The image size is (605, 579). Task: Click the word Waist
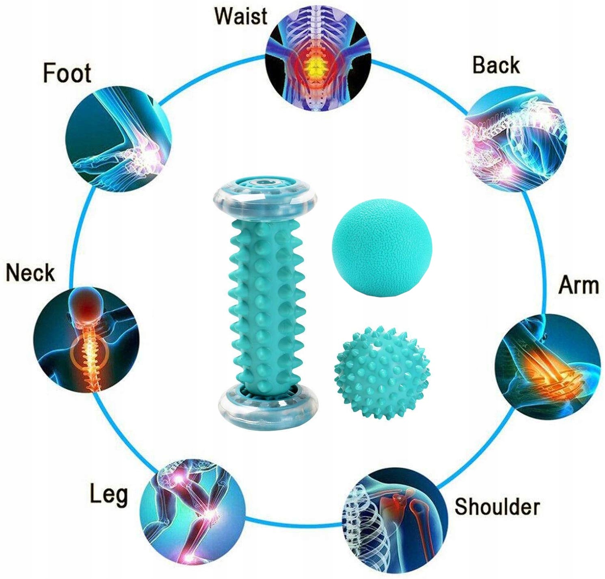point(241,16)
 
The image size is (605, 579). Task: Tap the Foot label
point(67,73)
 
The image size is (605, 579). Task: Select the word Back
point(496,65)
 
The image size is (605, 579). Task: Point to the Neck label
point(30,272)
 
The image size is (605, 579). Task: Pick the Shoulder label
point(497,506)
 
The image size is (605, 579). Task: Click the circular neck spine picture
point(87,338)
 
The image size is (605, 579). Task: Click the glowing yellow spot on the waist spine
point(313,64)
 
